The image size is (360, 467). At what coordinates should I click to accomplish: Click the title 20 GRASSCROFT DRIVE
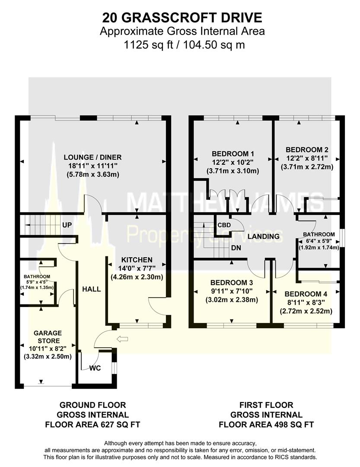point(182,17)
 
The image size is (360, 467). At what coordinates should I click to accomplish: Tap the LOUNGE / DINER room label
point(92,157)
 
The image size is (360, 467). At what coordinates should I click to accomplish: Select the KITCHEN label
point(137,259)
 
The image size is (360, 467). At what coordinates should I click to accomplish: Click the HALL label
point(92,289)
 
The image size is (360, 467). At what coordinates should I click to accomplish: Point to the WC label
point(96,369)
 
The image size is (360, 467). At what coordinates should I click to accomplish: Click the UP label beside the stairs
point(67,225)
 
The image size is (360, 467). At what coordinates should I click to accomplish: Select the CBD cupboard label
point(224,225)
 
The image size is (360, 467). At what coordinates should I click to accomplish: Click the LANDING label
point(263,237)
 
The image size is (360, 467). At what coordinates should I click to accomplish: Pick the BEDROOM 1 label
point(233,154)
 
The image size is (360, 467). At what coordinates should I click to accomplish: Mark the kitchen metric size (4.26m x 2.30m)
point(137,276)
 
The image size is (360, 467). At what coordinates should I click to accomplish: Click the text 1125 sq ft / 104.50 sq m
point(182,45)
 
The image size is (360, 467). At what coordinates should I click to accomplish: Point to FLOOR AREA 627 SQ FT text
point(93,424)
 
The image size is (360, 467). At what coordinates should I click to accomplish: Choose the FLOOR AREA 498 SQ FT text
point(266,424)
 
